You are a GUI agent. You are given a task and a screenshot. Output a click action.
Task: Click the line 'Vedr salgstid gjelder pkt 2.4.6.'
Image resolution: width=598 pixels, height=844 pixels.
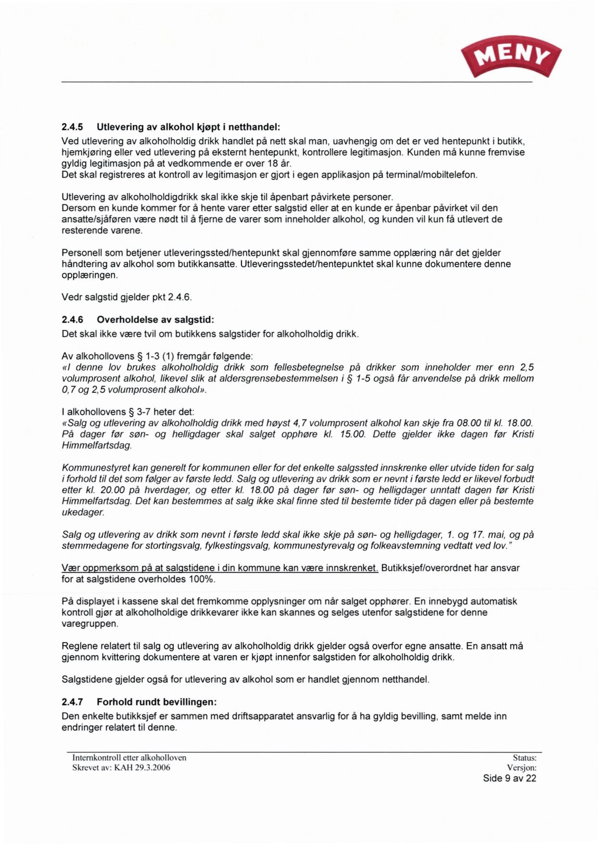[x=127, y=297]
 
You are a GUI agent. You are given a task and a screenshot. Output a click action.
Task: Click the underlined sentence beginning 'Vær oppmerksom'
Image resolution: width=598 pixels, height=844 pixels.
[x=220, y=568]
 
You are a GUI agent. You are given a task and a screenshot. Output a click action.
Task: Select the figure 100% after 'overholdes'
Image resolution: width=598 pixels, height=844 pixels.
[x=202, y=579]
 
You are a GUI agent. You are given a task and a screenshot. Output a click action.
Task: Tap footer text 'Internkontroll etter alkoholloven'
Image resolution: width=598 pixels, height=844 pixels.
[x=129, y=758]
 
